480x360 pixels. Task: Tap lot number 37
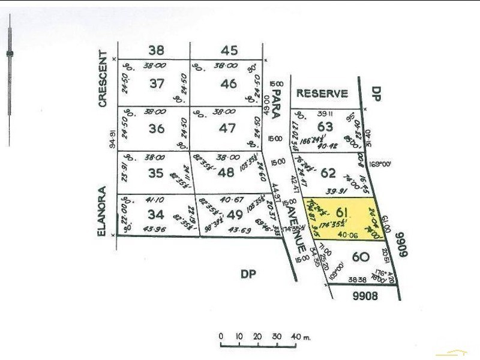point(157,84)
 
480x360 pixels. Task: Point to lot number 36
point(157,128)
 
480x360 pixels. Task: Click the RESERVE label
point(322,93)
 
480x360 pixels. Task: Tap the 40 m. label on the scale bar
point(300,336)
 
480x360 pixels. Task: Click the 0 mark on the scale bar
point(221,336)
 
